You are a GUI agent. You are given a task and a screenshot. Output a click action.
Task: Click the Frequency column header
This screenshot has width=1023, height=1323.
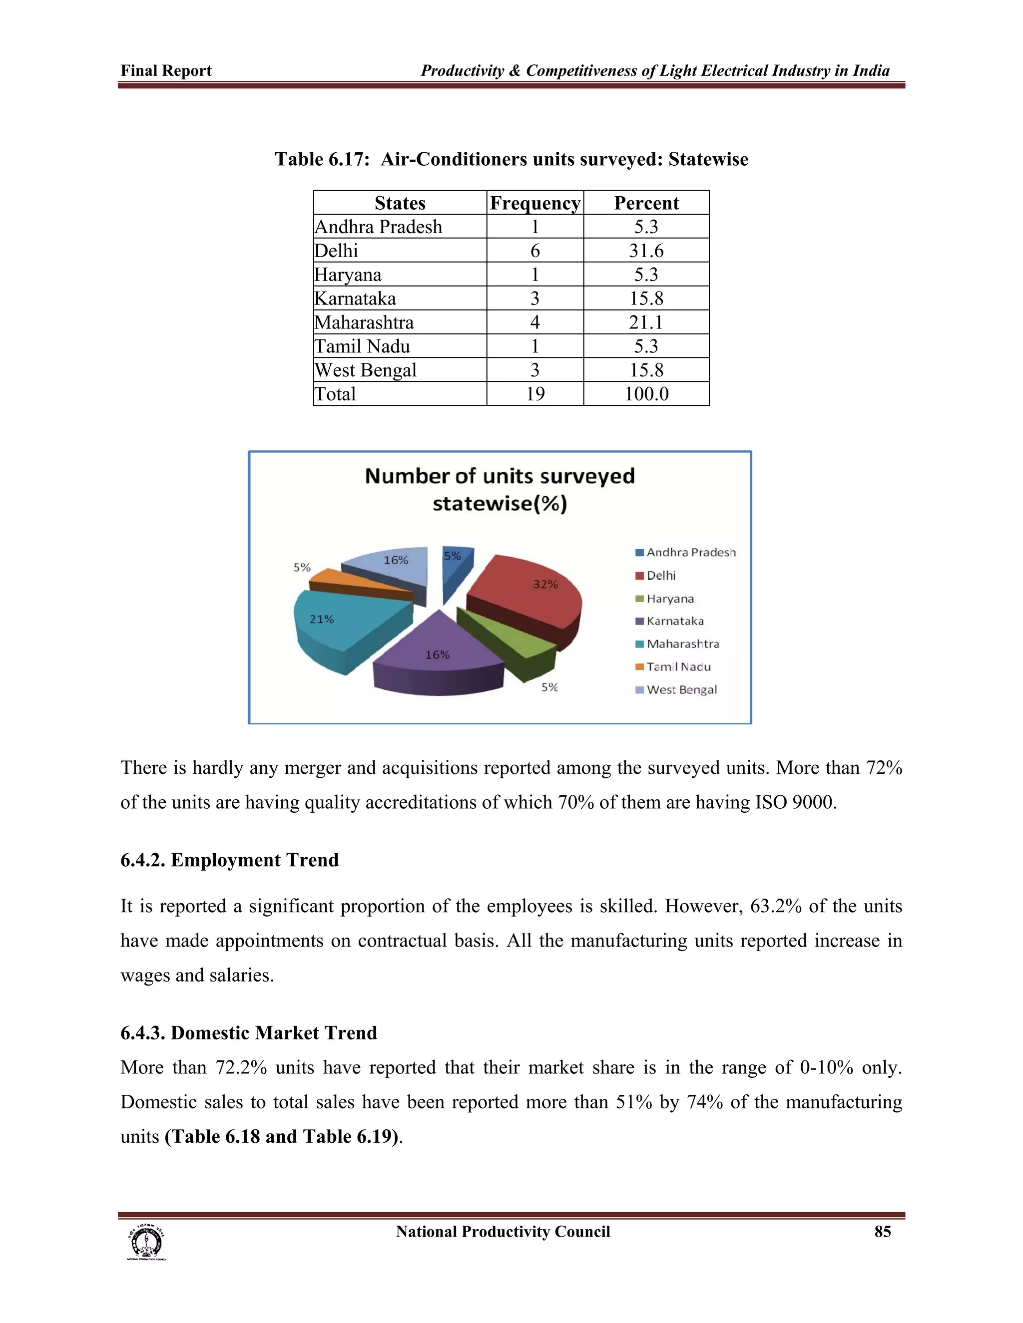tap(534, 203)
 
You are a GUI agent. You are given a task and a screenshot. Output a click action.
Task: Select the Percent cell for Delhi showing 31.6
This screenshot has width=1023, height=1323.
tap(646, 250)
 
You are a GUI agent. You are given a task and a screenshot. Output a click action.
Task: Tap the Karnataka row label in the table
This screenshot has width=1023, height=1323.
tap(355, 298)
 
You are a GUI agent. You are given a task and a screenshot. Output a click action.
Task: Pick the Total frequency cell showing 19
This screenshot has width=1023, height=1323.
tap(534, 394)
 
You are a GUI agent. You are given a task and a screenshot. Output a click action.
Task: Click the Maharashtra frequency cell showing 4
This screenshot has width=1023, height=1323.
tap(534, 323)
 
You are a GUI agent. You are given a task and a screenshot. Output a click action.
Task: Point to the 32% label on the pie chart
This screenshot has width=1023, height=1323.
tap(545, 585)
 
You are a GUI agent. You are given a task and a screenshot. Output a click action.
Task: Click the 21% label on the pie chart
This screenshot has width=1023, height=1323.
tap(322, 619)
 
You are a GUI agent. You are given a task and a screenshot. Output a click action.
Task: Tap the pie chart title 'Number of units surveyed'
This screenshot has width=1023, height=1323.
tap(500, 476)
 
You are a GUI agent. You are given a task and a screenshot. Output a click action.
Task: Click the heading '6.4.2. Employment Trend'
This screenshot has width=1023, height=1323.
tap(229, 860)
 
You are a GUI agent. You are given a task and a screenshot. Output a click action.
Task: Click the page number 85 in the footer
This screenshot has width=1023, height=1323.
tap(883, 1232)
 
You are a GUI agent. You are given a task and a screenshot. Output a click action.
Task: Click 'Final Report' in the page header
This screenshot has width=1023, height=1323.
tap(166, 71)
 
